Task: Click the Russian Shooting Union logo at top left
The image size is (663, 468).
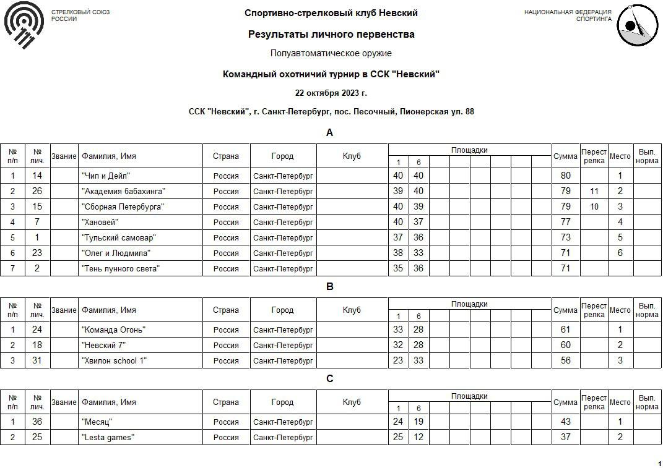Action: click(24, 24)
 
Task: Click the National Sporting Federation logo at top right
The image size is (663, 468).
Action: click(637, 25)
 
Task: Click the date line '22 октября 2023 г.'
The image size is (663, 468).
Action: click(331, 93)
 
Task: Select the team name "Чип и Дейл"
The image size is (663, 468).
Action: click(106, 176)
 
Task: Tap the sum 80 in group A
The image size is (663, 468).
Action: click(565, 176)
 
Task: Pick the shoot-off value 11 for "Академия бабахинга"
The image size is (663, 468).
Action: click(594, 192)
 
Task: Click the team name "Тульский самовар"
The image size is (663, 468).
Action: click(119, 238)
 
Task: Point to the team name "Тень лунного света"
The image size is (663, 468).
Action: click(121, 269)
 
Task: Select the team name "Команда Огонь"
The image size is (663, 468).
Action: click(114, 330)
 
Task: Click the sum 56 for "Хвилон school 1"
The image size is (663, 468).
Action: click(565, 361)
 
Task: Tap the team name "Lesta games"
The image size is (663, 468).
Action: click(108, 438)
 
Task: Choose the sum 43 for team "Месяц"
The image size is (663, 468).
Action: click(565, 422)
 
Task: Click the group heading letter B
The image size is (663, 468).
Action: click(330, 287)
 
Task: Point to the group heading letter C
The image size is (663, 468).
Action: click(330, 379)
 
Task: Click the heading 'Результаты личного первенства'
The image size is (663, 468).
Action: click(331, 35)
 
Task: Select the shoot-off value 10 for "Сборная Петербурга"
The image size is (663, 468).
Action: click(594, 207)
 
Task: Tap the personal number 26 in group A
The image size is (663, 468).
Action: click(37, 192)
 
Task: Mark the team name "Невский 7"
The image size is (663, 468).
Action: click(103, 346)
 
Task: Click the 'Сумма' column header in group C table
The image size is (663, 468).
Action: click(565, 402)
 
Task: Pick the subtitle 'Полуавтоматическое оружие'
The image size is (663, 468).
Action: click(331, 54)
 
